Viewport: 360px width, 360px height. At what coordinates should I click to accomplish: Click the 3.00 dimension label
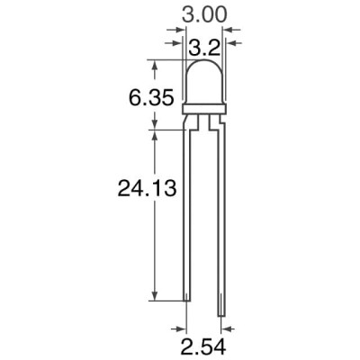tap(202, 15)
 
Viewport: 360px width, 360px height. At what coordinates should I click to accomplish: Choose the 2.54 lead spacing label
tap(204, 346)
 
